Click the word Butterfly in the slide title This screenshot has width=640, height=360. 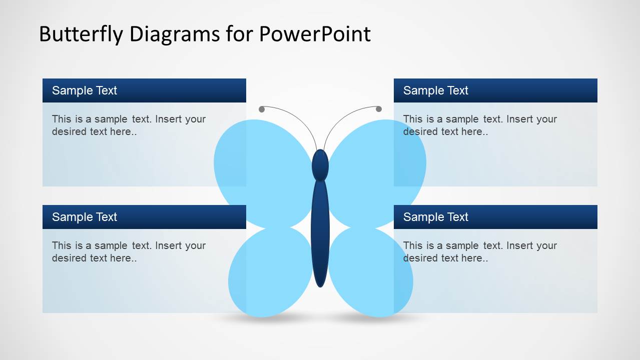click(x=82, y=34)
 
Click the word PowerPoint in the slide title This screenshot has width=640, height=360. click(x=314, y=34)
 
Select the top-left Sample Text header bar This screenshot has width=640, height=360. click(x=144, y=90)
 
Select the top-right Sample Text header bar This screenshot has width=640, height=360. click(x=495, y=90)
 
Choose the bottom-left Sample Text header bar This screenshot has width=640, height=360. click(x=144, y=217)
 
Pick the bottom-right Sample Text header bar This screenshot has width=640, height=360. click(x=495, y=217)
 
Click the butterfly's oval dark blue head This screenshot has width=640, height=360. click(x=320, y=165)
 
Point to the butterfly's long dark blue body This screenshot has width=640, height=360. click(x=320, y=230)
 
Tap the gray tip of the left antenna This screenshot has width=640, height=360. click(x=262, y=109)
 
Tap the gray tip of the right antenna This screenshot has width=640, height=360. click(x=379, y=109)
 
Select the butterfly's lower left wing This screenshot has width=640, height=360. click(x=270, y=272)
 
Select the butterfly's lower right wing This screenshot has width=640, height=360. click(x=370, y=272)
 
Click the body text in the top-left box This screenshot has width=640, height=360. click(x=129, y=125)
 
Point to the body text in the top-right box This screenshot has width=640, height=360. click(x=480, y=125)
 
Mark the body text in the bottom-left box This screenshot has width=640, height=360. click(x=129, y=251)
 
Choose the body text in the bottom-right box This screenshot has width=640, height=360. click(x=480, y=251)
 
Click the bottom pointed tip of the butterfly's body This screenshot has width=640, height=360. click(x=320, y=284)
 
